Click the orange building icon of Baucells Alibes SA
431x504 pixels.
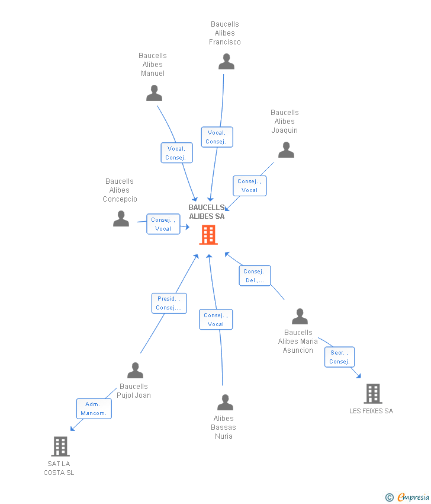[x=208, y=235]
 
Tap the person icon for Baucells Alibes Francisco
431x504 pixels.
[x=226, y=62]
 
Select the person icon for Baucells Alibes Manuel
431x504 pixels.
[x=154, y=93]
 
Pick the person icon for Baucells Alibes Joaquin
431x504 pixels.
[x=286, y=150]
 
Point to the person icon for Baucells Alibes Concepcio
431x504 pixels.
[x=121, y=219]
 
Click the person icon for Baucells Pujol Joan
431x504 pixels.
[x=135, y=371]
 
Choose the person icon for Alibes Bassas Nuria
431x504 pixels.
[x=225, y=403]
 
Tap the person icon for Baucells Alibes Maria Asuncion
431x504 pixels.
[x=300, y=317]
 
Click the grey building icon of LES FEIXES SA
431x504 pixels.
[x=372, y=393]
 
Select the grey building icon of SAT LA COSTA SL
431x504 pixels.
[x=60, y=446]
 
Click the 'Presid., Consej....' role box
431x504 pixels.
[x=169, y=304]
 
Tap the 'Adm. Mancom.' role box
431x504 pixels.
[x=94, y=409]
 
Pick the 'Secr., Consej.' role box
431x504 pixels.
[x=339, y=357]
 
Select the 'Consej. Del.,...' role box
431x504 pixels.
[x=255, y=276]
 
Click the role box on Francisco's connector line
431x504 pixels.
[x=217, y=137]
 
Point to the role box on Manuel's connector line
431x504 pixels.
[x=176, y=153]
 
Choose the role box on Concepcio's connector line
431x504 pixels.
[x=163, y=224]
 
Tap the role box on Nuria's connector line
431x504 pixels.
[x=215, y=320]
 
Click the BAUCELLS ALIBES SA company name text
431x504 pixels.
[x=207, y=212]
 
